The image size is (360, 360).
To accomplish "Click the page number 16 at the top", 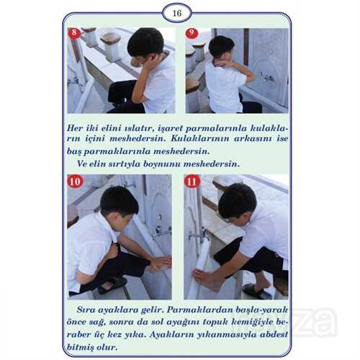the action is point(177,13).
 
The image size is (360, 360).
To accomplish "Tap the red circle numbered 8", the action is point(74,32).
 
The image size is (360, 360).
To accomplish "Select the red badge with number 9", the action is point(192,33).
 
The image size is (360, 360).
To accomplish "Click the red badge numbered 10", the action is point(76,181).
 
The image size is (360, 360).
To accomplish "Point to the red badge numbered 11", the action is point(192,181).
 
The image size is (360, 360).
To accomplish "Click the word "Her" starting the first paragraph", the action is point(75,128).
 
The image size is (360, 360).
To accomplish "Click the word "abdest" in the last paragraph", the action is point(274,335).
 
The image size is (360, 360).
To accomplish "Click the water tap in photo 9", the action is point(266,76).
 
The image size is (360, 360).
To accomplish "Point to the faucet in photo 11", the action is point(198,234).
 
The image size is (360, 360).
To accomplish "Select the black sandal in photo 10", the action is point(112,285).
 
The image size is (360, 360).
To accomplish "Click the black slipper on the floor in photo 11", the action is point(256,291).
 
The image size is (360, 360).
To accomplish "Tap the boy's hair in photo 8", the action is point(145,42).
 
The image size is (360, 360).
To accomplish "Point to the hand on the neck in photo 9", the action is point(220,63).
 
